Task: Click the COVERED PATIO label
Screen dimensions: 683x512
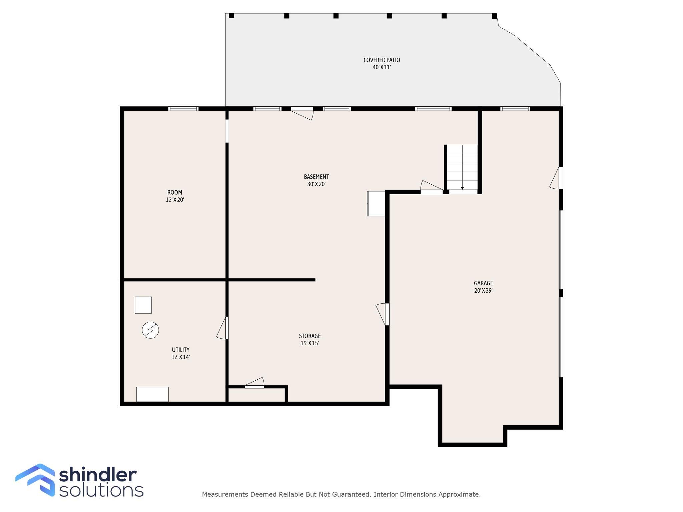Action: [x=382, y=60]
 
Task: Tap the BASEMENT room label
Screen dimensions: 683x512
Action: [x=316, y=177]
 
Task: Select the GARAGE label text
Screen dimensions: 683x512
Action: [x=483, y=283]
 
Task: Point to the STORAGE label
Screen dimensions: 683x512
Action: [x=309, y=336]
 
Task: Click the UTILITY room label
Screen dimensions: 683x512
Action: [x=180, y=350]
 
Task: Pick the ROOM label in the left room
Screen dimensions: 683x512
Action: [x=175, y=192]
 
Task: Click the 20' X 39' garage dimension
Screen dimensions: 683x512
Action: [x=483, y=291]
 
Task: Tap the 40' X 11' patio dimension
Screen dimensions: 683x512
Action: [x=382, y=67]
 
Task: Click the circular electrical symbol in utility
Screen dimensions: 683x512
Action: [x=150, y=330]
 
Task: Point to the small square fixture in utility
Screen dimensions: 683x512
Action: [x=143, y=305]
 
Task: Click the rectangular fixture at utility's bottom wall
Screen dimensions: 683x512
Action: [x=152, y=394]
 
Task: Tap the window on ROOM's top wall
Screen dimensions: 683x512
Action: [x=183, y=109]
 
